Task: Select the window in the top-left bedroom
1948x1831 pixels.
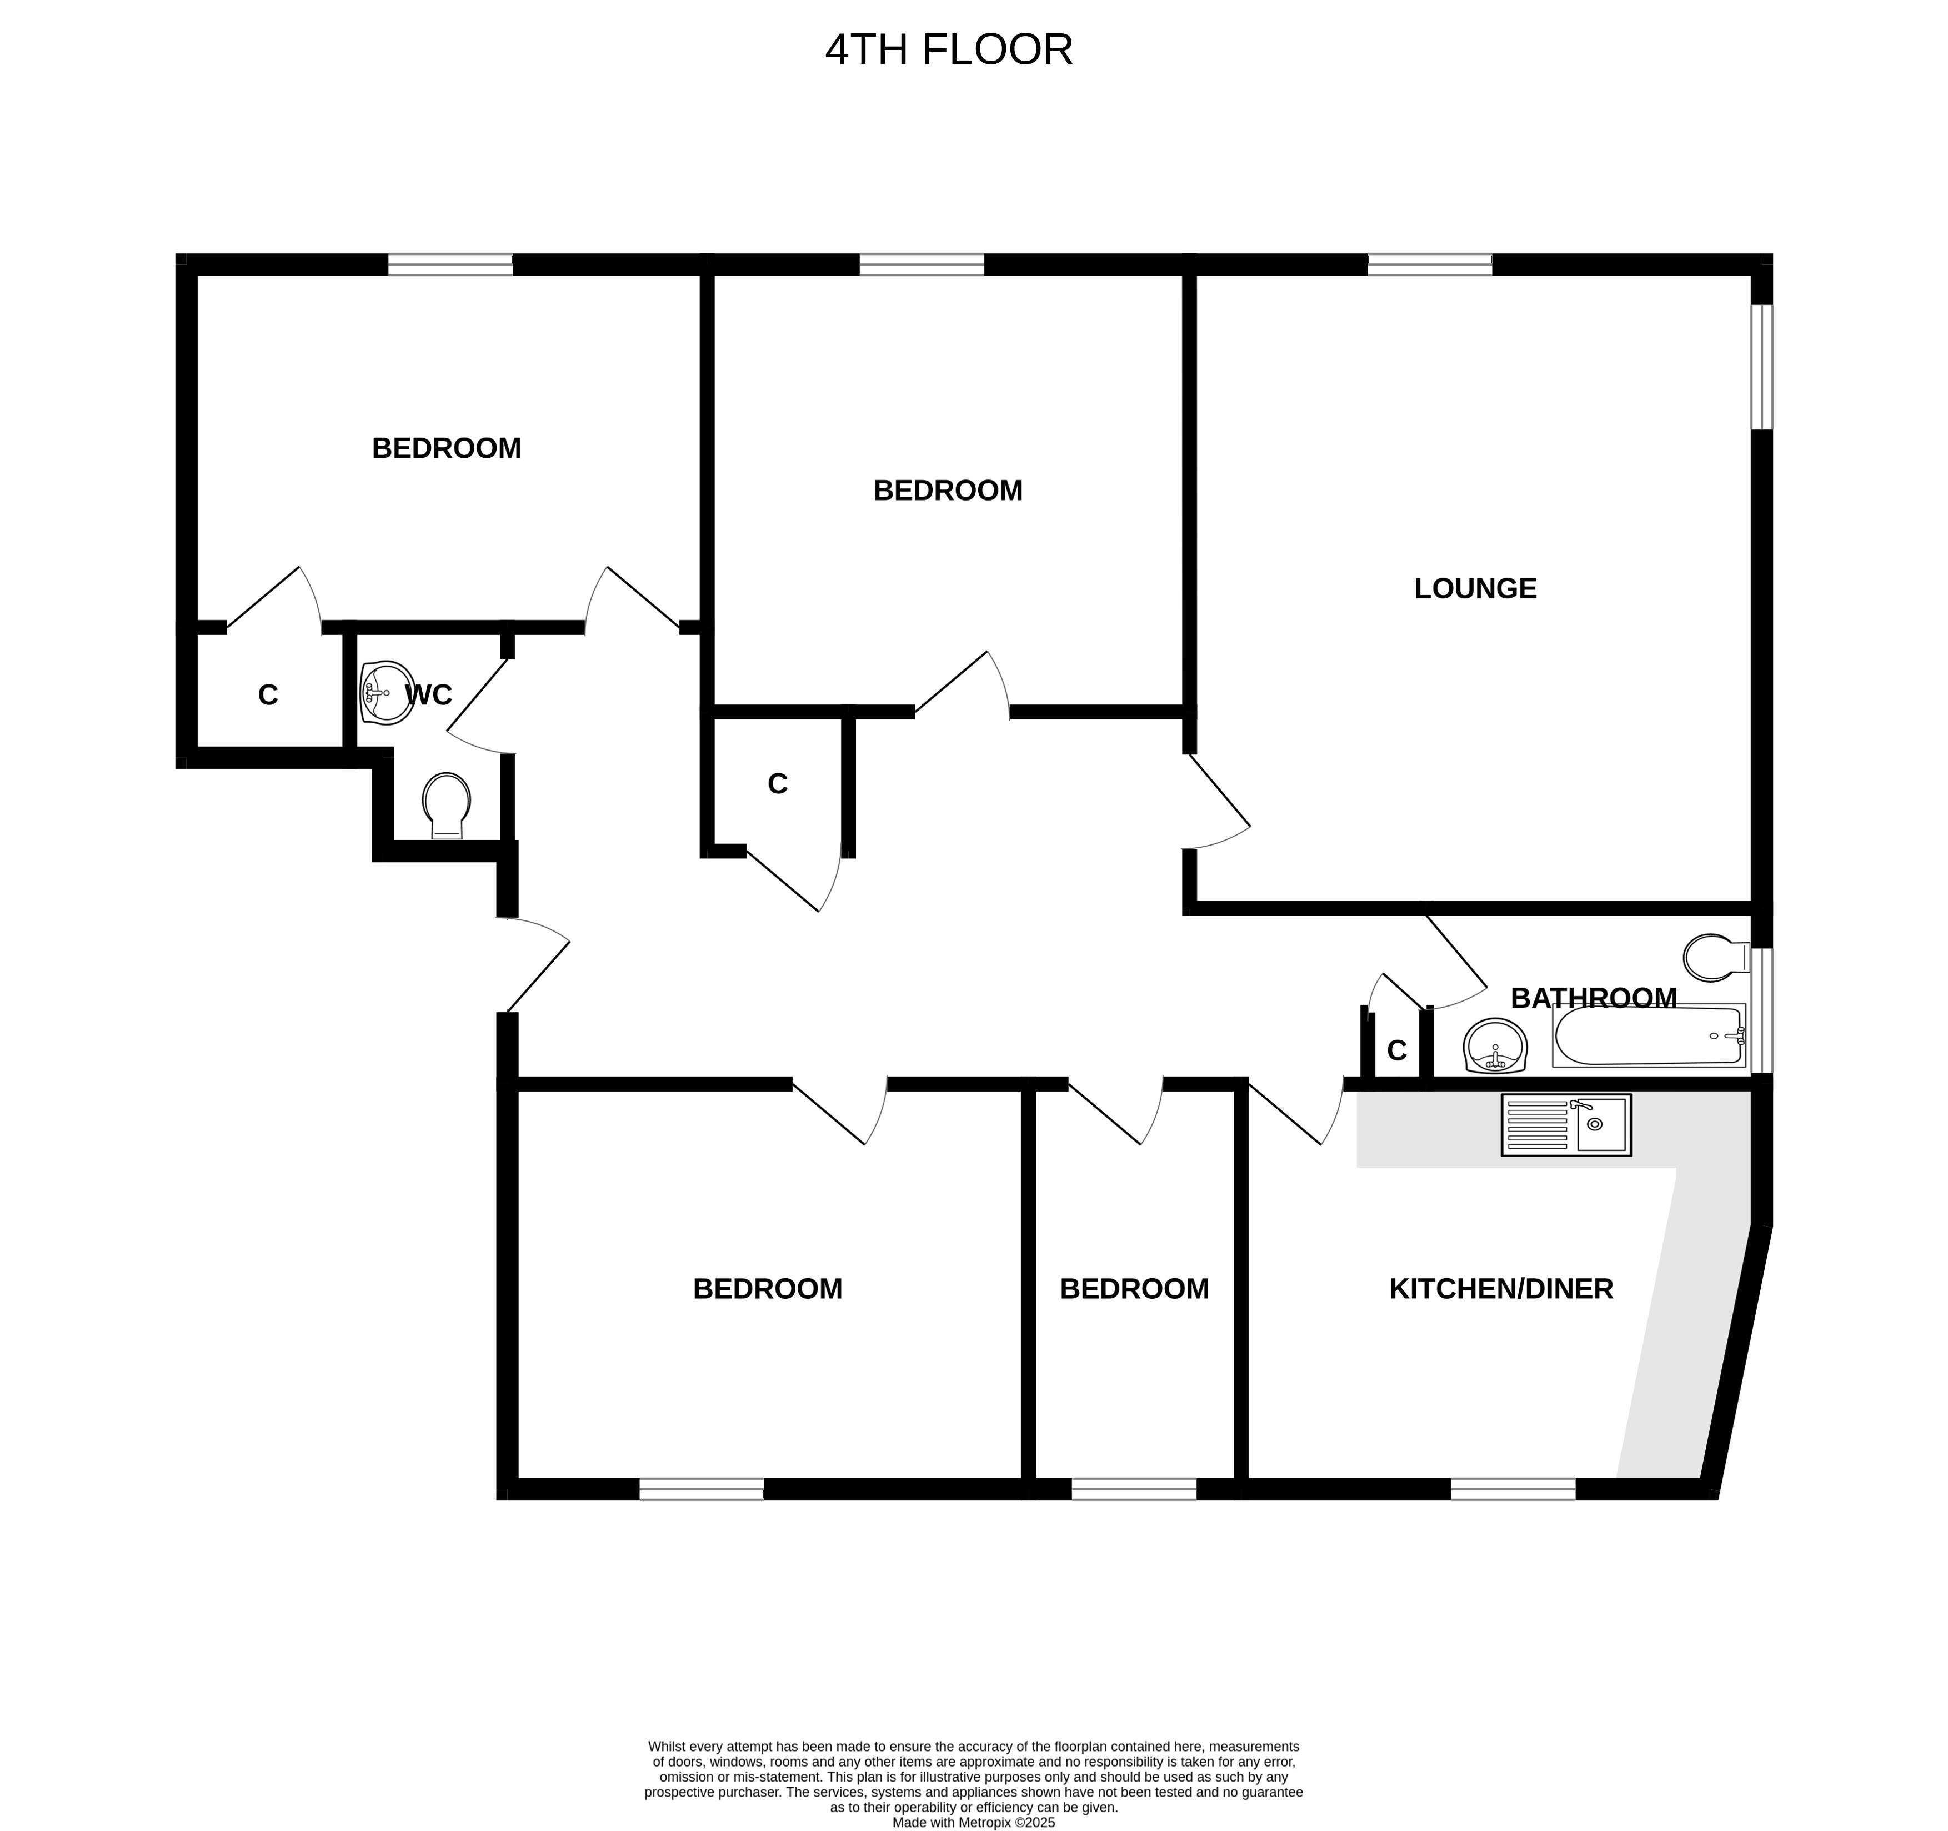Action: tap(450, 264)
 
